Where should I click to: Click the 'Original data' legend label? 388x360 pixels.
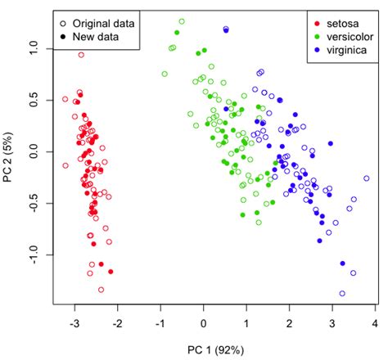103,21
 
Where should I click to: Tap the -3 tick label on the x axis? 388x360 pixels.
75,324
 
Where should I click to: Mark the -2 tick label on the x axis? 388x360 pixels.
118,324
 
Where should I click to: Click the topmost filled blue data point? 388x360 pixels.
226,29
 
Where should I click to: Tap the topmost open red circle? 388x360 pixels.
81,55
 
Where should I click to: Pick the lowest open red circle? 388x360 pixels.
102,289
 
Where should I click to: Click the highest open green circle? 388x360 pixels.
182,22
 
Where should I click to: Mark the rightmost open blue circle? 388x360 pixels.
367,178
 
